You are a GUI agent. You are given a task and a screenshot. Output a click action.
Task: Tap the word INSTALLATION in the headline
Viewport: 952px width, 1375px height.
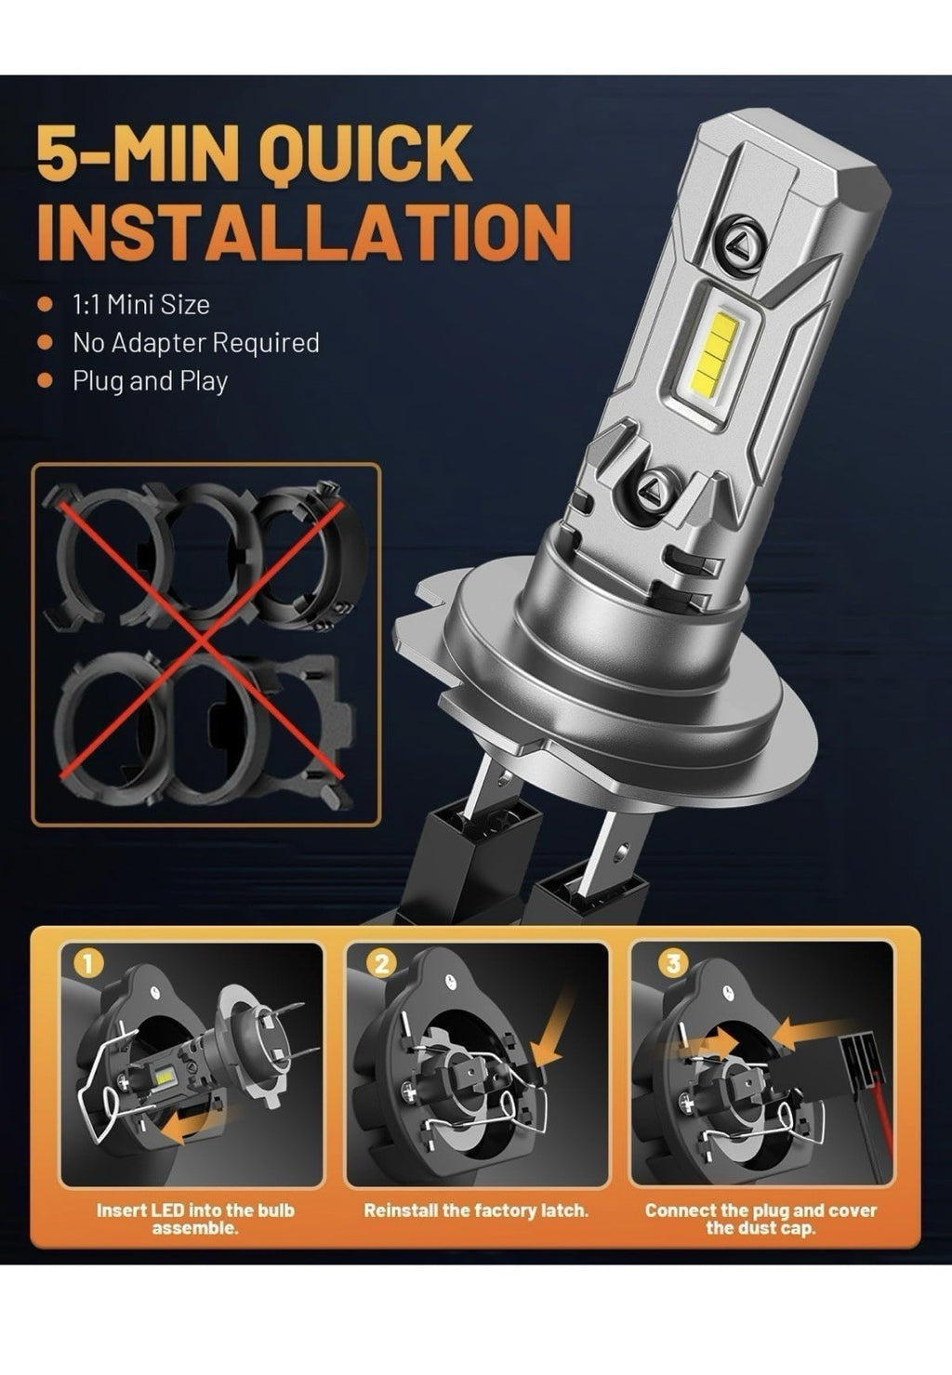[304, 231]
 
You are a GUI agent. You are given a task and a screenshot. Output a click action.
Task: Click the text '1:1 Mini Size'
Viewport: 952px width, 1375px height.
[141, 305]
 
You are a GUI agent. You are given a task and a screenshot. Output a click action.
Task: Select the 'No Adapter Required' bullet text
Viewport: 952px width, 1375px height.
[196, 343]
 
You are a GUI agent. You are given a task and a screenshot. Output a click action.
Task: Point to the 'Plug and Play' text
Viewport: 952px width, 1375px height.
[151, 381]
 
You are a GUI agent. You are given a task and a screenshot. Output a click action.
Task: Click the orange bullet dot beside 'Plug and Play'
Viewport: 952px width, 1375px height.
[46, 381]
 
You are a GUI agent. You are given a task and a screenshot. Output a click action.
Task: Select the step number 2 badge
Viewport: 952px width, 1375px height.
[382, 964]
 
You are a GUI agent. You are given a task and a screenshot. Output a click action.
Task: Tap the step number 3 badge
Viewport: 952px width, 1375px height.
[673, 963]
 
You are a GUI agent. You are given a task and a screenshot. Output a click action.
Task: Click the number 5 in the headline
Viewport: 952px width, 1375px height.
[60, 154]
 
